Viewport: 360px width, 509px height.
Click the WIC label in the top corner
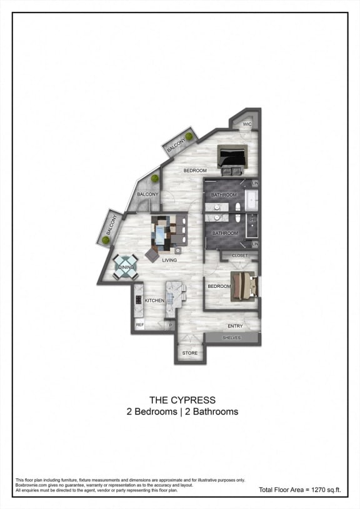[x=247, y=124]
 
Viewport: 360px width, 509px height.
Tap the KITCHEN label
[x=154, y=300]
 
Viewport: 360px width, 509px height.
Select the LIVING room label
[x=169, y=260]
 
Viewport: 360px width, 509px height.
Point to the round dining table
[x=126, y=267]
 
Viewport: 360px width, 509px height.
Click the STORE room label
[x=189, y=353]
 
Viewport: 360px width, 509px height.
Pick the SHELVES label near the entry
[x=232, y=338]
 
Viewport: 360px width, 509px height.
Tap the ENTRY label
[x=235, y=326]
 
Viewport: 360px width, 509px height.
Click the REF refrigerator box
[x=140, y=325]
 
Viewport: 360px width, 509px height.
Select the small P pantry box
[x=169, y=325]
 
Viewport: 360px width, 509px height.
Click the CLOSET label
[x=239, y=255]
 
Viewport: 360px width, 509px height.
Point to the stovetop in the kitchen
[x=138, y=299]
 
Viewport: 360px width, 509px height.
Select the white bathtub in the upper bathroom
[x=252, y=200]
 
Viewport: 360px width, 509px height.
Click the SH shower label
[x=252, y=220]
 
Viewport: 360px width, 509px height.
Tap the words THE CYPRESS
[x=182, y=400]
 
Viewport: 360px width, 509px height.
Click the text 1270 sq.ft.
[x=327, y=490]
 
